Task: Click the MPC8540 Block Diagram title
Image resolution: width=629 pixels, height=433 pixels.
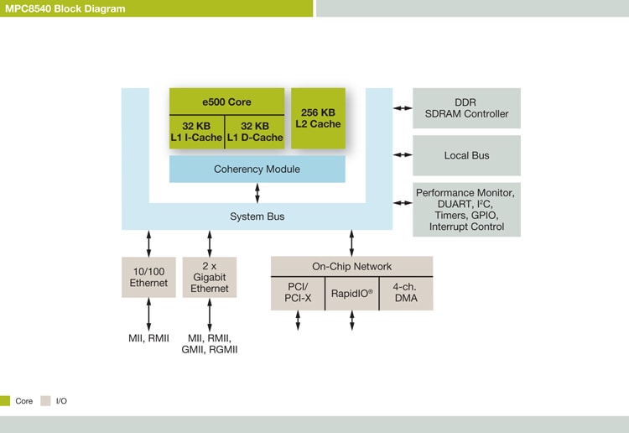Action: [x=65, y=8]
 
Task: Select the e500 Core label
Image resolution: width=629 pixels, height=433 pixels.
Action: [x=226, y=102]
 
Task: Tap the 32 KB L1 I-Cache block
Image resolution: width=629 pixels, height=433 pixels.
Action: [x=196, y=131]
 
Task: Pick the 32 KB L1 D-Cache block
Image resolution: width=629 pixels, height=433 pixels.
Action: [x=255, y=131]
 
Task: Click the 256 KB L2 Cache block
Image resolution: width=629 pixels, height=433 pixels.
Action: [x=318, y=118]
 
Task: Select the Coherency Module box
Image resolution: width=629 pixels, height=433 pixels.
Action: [x=257, y=170]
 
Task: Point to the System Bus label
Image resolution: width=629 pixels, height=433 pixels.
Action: [x=257, y=216]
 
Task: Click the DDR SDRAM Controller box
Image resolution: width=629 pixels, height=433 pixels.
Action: [x=466, y=108]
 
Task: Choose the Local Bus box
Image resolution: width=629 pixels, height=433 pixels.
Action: [x=466, y=155]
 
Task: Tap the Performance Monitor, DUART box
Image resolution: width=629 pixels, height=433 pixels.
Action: [x=466, y=210]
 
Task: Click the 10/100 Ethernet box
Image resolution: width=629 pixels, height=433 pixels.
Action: [x=148, y=277]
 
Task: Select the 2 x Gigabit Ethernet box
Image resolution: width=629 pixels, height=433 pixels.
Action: [x=210, y=277]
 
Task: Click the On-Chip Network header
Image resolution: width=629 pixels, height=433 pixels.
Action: [x=351, y=267]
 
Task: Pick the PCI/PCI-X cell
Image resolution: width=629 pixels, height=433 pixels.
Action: [x=298, y=294]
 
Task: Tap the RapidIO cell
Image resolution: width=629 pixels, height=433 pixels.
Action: [x=352, y=294]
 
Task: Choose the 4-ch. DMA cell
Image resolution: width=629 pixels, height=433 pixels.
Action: [x=406, y=294]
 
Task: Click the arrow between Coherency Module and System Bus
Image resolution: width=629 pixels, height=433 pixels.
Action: [x=257, y=193]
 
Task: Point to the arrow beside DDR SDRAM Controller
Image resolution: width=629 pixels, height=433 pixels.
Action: [x=403, y=108]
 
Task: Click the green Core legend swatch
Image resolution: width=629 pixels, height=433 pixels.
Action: [x=5, y=401]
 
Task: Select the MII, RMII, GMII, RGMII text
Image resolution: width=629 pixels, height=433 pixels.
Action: [x=210, y=343]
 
